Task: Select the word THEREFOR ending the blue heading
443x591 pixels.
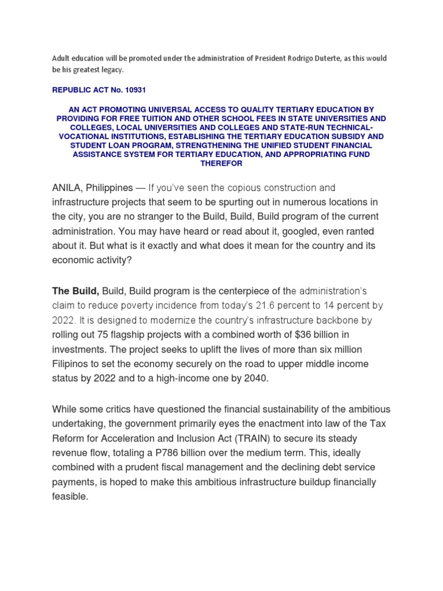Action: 221,163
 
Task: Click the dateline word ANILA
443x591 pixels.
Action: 67,188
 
